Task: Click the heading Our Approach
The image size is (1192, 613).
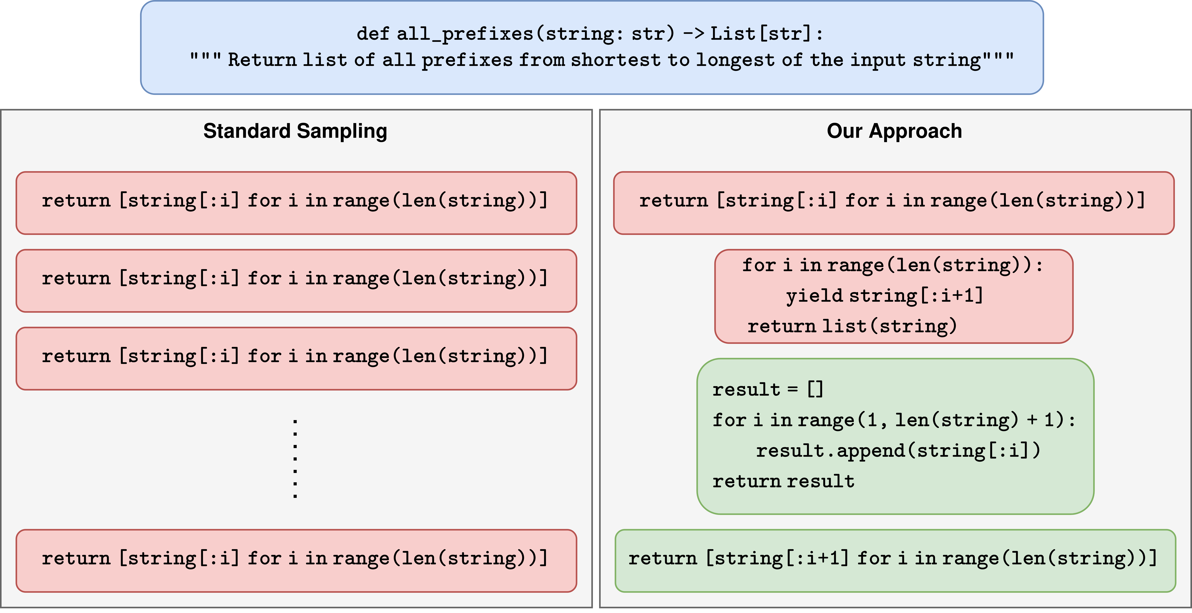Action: click(894, 131)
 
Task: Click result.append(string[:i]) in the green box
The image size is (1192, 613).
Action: click(898, 451)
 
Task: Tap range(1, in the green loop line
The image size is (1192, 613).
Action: click(842, 420)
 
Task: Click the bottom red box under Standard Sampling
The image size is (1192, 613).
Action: click(296, 561)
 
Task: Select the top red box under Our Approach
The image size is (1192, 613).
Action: click(894, 203)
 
